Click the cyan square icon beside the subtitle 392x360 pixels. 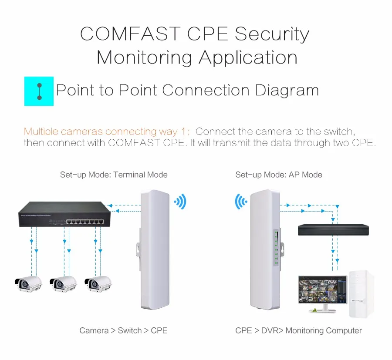coord(39,91)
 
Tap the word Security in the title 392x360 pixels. coord(272,34)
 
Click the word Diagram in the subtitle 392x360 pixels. coord(287,91)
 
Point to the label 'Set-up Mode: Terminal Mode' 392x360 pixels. coord(114,175)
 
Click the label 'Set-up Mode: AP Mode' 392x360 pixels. coord(279,175)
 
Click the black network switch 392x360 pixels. coord(65,214)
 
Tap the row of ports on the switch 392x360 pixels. coord(85,222)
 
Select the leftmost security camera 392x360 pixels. coord(28,284)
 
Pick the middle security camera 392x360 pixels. coord(63,284)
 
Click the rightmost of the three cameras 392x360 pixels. coord(98,284)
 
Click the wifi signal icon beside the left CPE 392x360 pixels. coord(180,202)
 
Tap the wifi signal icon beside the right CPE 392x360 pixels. coord(241,202)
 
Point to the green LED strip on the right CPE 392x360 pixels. coord(277,247)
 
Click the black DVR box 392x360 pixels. coord(333,229)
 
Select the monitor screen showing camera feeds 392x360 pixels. coord(323,290)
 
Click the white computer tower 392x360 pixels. coord(362,294)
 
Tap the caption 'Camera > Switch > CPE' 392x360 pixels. coord(123,330)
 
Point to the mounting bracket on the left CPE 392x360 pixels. coord(138,249)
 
